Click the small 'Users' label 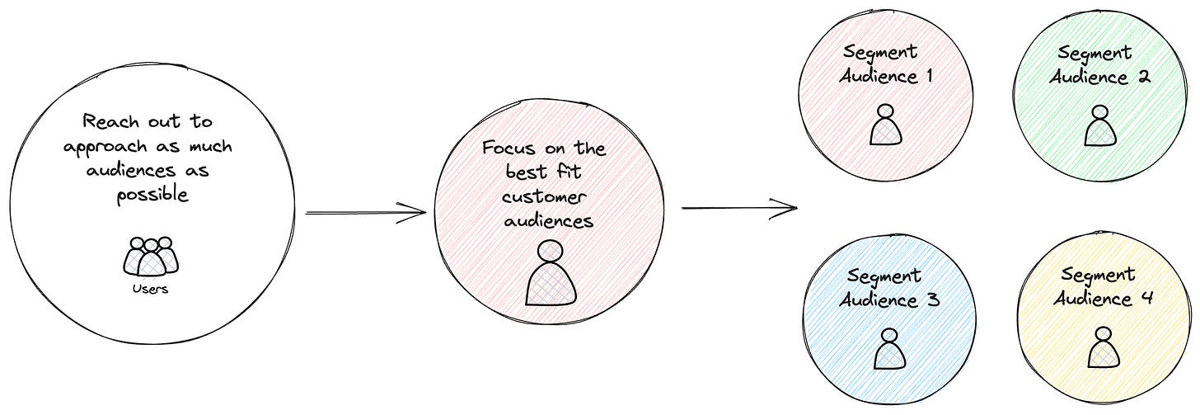(150, 290)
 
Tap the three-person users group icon (150, 257)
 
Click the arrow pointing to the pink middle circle (365, 213)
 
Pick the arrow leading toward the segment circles (739, 208)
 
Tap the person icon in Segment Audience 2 (1099, 125)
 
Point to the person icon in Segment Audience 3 (888, 349)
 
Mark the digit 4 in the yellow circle (1147, 298)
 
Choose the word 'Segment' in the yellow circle (1098, 274)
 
